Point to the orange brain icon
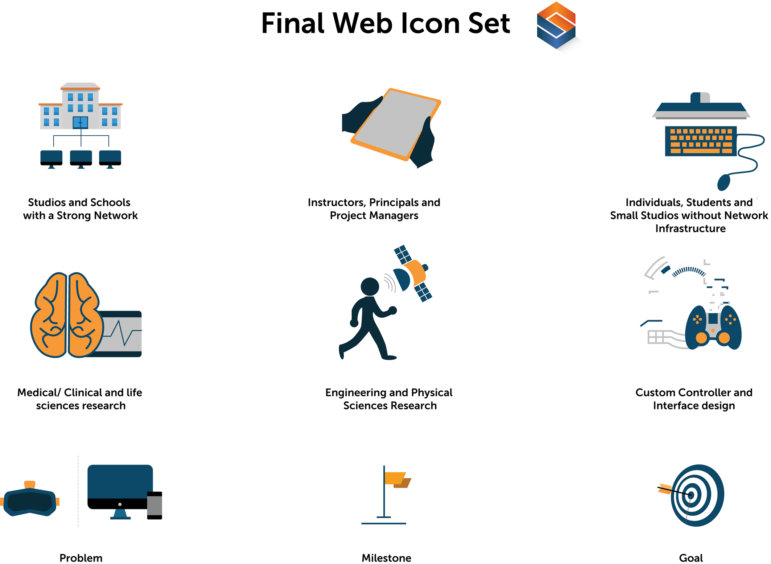(67, 314)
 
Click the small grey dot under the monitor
(120, 504)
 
